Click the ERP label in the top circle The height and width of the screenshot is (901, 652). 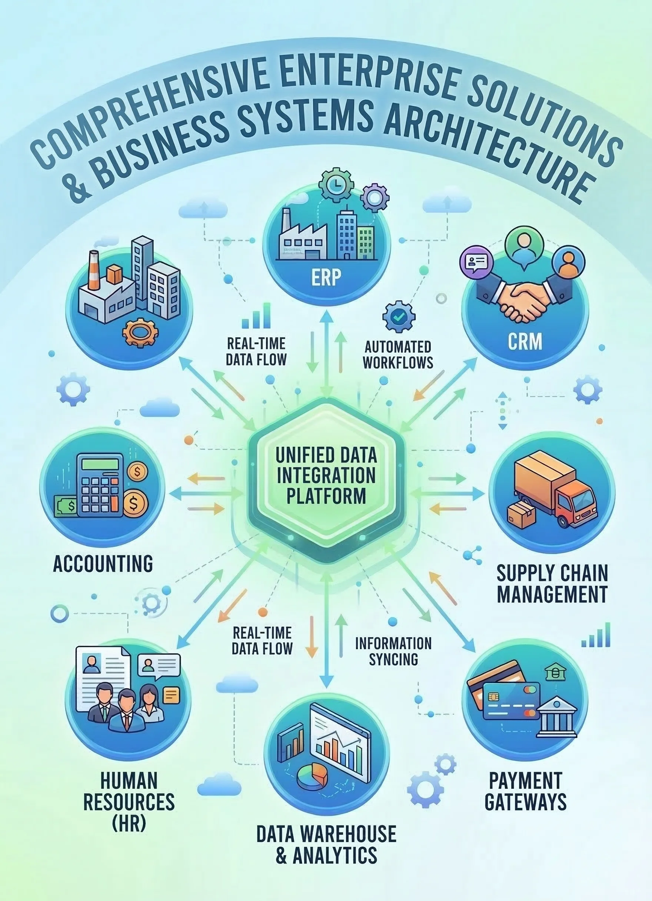pos(325,278)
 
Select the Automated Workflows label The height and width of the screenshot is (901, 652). pos(398,355)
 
